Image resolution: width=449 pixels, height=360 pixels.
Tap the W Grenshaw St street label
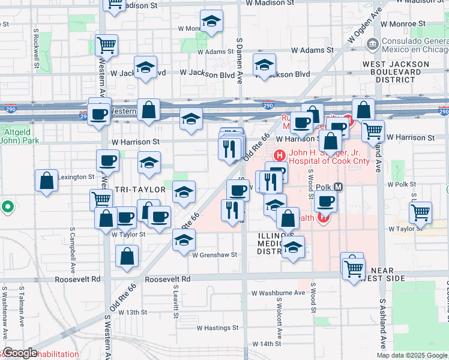click(x=212, y=254)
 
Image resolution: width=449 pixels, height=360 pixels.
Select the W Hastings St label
click(x=218, y=328)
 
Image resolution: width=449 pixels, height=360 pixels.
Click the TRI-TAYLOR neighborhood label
click(x=140, y=190)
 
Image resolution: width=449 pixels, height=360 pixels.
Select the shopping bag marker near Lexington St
click(x=46, y=181)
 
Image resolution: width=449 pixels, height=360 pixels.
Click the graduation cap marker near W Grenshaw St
click(x=184, y=240)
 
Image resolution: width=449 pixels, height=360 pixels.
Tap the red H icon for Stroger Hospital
click(x=279, y=155)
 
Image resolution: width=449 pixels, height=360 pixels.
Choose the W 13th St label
click(x=133, y=312)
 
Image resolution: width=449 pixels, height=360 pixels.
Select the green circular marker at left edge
click(x=8, y=207)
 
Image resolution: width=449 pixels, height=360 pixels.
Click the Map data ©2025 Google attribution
click(x=412, y=355)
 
